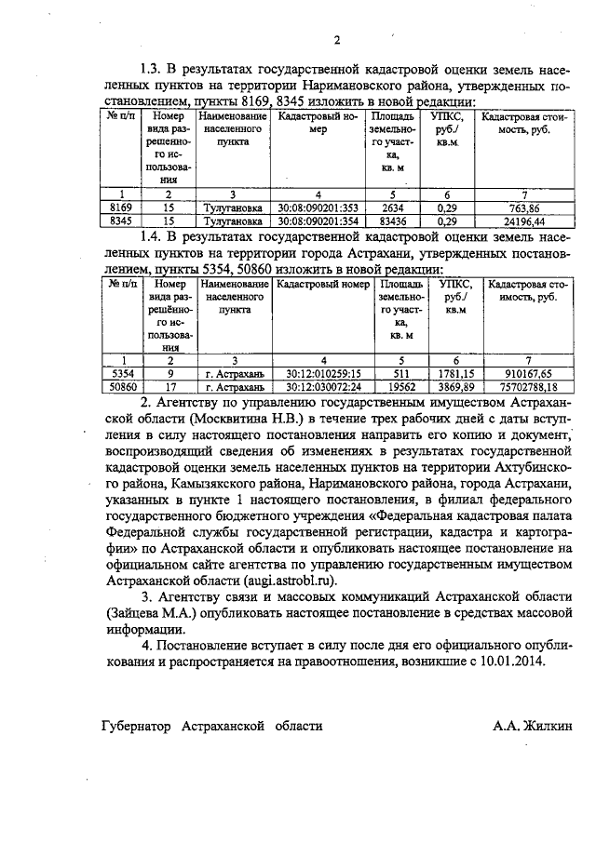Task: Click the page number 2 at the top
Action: [x=336, y=39]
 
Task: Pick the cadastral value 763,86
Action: [x=525, y=208]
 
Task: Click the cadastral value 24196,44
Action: [x=525, y=222]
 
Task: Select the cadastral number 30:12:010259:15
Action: [x=323, y=371]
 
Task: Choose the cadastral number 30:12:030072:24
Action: [x=323, y=385]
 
